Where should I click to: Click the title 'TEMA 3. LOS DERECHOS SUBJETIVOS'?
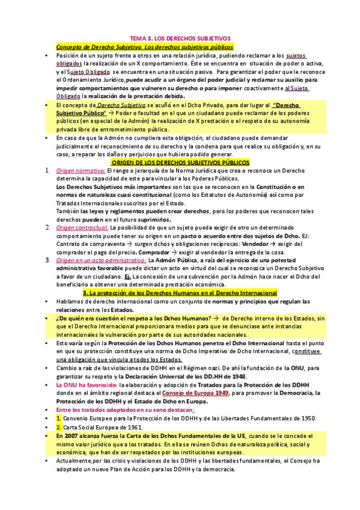tap(180, 38)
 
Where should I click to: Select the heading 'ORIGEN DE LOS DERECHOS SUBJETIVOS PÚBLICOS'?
tap(180, 162)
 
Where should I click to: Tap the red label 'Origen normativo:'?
tap(76, 171)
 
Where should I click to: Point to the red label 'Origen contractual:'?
tap(78, 227)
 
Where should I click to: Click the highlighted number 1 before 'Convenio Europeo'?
tap(58, 416)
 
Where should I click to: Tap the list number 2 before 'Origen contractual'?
tap(47, 227)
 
